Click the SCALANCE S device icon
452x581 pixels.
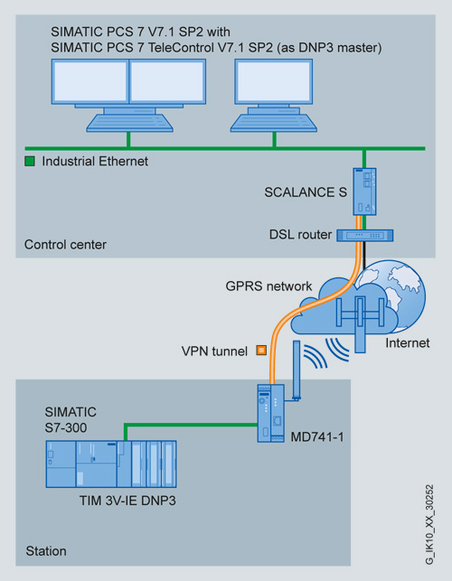coord(364,192)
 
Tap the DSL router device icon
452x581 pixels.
coord(365,235)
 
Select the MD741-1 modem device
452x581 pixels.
coord(271,413)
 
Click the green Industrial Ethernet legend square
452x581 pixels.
coord(30,161)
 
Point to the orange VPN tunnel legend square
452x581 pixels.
coord(261,351)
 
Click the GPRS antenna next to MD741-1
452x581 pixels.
coord(297,370)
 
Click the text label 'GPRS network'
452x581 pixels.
coord(268,286)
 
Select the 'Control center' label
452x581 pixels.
coord(65,245)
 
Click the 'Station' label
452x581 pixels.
coord(46,551)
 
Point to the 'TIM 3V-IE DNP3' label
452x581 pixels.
coord(127,501)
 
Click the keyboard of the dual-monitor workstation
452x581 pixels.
coord(129,123)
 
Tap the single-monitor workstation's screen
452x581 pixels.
coord(274,81)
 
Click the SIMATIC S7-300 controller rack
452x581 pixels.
coord(111,464)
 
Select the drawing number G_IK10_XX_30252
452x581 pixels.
coord(429,525)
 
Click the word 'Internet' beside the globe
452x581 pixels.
coord(408,343)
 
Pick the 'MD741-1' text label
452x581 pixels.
coord(317,436)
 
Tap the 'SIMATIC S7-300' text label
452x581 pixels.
coord(71,419)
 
